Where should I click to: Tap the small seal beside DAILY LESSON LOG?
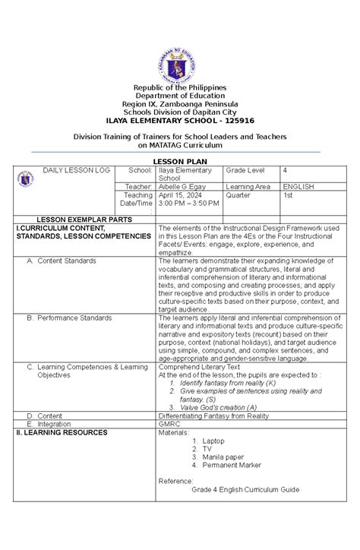click(x=25, y=179)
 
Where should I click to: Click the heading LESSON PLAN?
click(x=179, y=162)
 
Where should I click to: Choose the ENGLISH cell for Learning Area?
click(x=298, y=185)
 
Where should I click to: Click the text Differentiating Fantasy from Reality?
click(x=215, y=416)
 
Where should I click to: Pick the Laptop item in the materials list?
click(x=213, y=441)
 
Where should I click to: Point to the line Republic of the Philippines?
click(x=179, y=88)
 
